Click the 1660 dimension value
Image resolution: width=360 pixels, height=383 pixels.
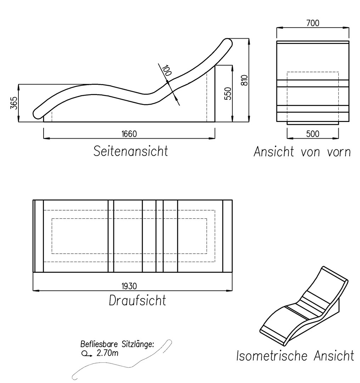[x=129, y=134]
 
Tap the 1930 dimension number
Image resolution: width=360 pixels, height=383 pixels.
[x=129, y=286]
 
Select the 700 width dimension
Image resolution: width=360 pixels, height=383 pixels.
[x=313, y=23]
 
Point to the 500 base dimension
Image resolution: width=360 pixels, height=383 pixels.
[x=313, y=134]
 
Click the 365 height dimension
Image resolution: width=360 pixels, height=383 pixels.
[x=14, y=103]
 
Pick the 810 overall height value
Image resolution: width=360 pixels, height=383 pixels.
[x=244, y=80]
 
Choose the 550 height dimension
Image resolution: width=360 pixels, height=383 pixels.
[x=227, y=94]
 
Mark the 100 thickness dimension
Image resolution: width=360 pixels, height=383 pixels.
[x=167, y=70]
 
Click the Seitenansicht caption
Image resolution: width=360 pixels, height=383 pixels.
[x=131, y=151]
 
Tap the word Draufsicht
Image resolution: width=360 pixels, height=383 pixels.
[x=137, y=300]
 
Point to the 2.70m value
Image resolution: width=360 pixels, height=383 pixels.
[x=107, y=353]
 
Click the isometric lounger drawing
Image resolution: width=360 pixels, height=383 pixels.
[x=304, y=306]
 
